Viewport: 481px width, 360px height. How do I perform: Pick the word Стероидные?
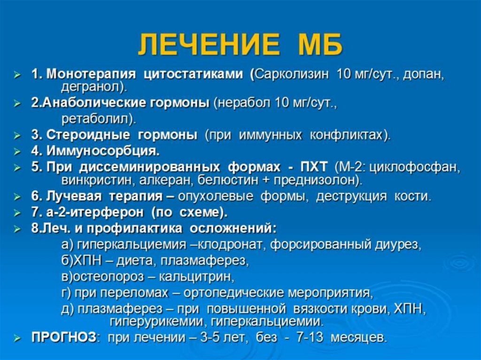tap(88, 135)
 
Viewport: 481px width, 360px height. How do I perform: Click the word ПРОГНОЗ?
tap(63, 337)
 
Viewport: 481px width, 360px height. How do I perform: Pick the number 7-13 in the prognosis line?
tap(310, 337)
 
